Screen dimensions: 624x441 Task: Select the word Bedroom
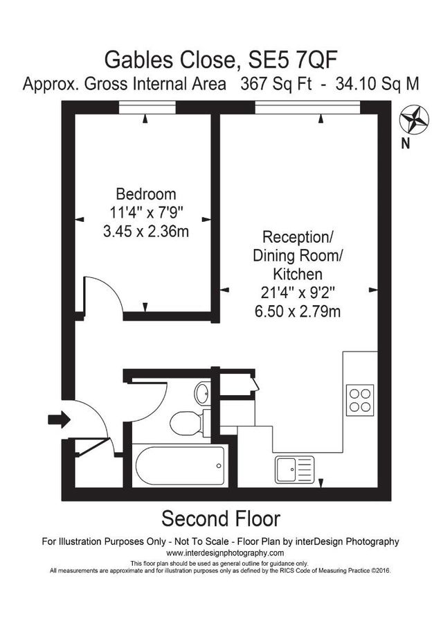[x=145, y=194]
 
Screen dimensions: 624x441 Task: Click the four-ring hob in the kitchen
[x=360, y=400]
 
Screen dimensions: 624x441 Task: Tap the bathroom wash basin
[x=202, y=394]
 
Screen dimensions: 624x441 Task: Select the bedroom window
[x=145, y=106]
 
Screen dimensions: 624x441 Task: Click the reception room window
[x=307, y=106]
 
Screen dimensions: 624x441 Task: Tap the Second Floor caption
[x=220, y=518]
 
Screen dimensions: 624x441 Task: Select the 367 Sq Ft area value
[x=273, y=85]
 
